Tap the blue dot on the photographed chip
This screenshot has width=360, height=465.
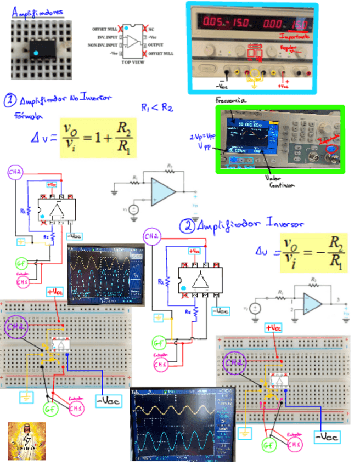[36, 53]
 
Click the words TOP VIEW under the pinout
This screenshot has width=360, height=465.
[132, 63]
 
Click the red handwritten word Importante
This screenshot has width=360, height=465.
[294, 36]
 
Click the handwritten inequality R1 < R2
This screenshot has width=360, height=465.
[157, 107]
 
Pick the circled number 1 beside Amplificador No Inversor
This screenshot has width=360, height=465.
[10, 100]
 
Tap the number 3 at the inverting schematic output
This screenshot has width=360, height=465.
[339, 299]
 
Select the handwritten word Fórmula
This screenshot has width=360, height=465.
[26, 116]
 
